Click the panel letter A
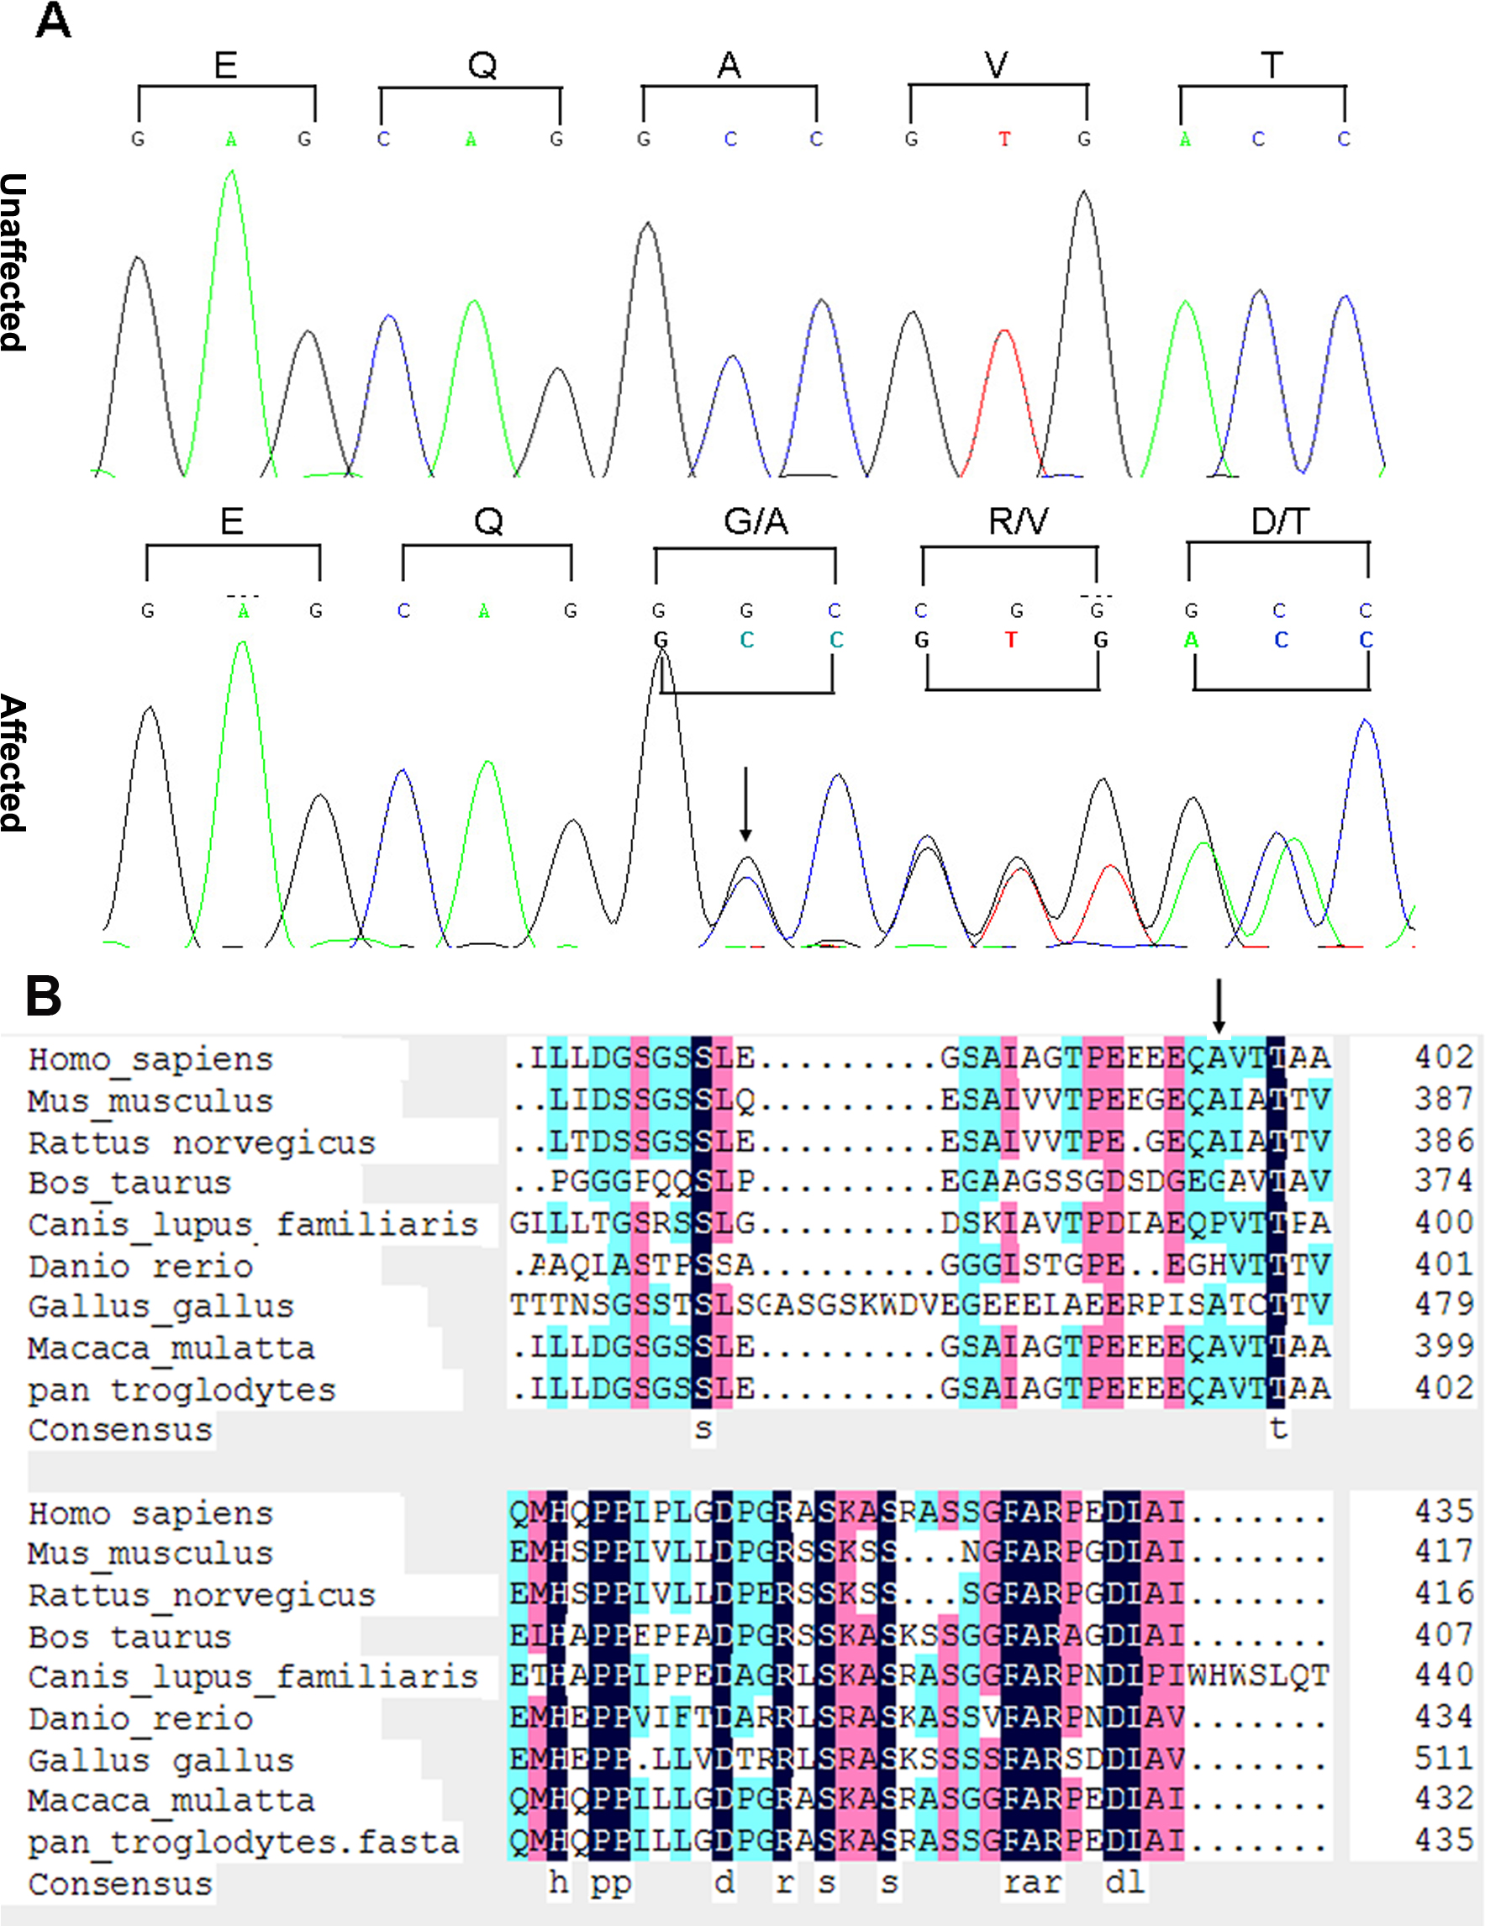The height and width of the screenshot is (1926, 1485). point(53,21)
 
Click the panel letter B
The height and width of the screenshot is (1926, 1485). point(43,996)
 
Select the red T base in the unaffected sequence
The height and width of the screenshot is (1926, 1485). point(1003,140)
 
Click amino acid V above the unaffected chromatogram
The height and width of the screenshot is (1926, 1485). point(996,66)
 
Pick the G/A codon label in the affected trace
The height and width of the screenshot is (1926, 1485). point(756,522)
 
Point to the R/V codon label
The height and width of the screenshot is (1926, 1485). point(1018,522)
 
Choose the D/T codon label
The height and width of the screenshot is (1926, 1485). point(1280,522)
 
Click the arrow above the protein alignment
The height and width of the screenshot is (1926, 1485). point(1218,1006)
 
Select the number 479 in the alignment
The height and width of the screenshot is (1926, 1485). point(1444,1304)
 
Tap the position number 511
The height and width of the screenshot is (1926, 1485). point(1444,1759)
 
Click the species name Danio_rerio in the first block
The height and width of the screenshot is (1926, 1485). point(140,1266)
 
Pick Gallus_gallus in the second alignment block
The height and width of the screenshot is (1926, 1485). point(161,1760)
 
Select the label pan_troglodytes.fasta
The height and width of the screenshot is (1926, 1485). point(244,1842)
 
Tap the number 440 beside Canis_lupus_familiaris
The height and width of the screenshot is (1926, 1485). point(1444,1675)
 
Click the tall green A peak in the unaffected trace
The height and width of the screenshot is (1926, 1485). point(231,177)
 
